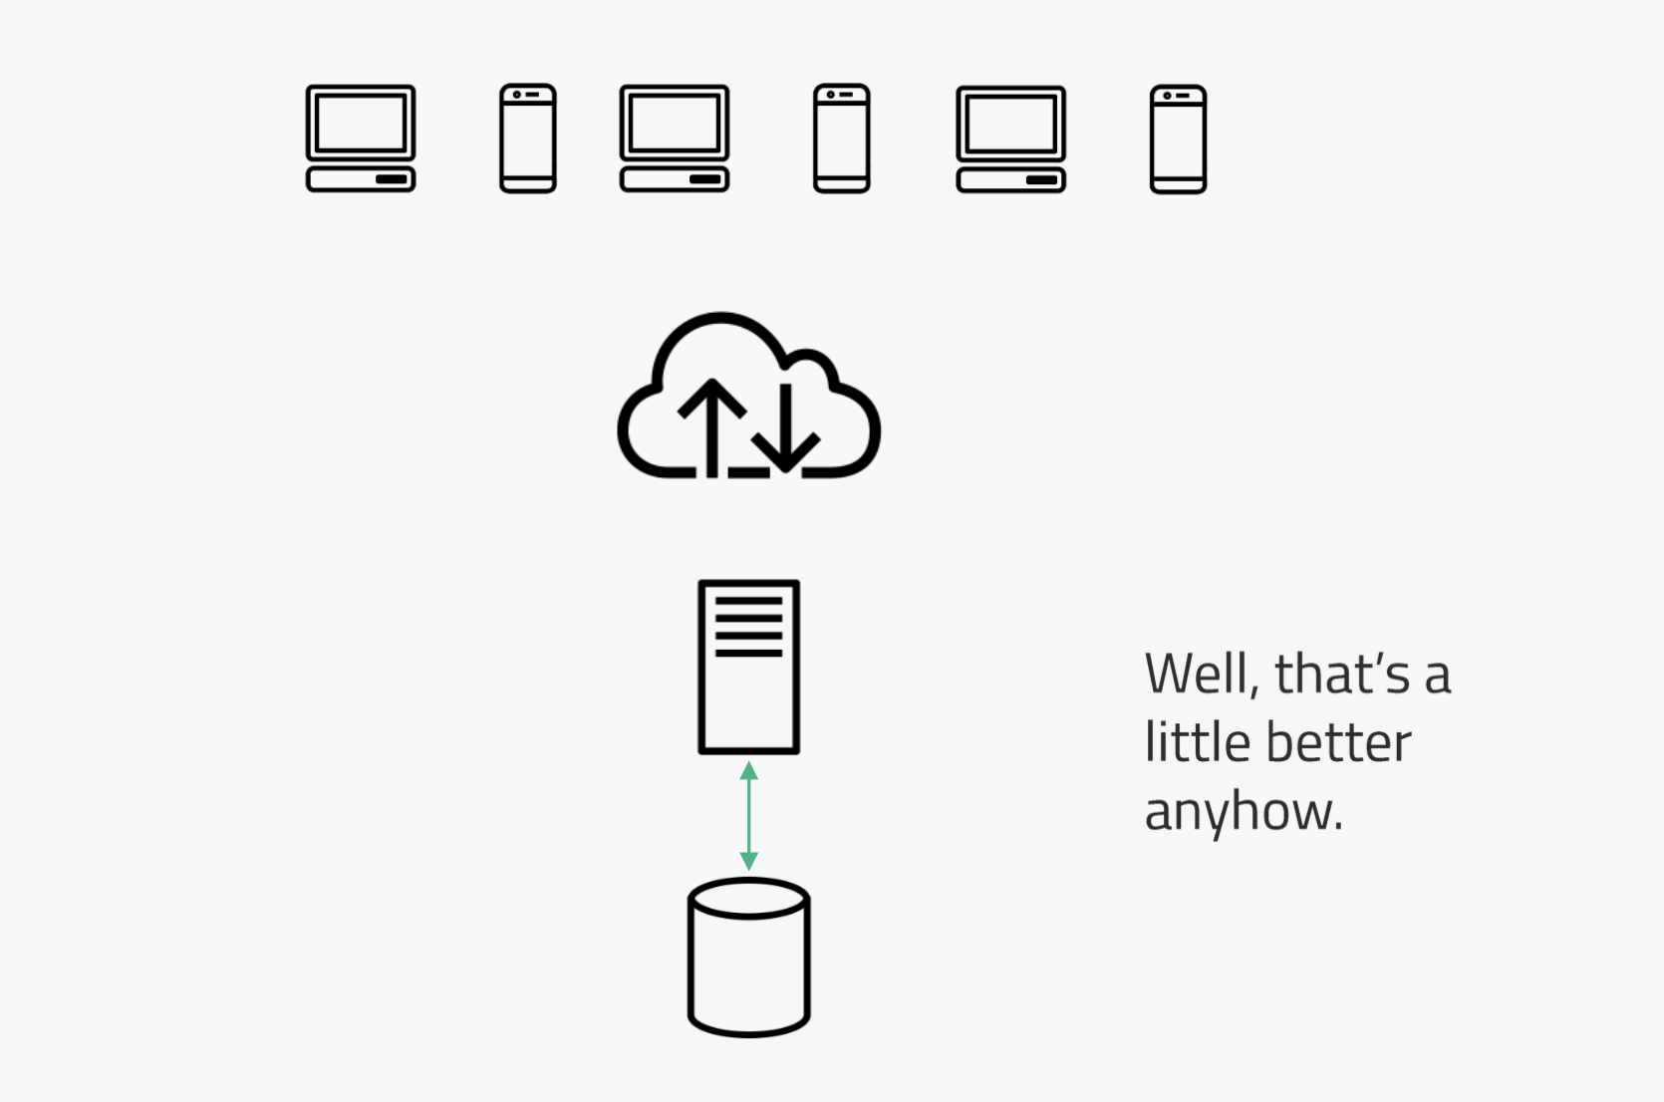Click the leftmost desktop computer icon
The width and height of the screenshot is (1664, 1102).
361,138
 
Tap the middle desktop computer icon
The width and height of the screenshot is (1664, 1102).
675,138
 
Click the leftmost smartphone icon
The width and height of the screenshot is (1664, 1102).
528,138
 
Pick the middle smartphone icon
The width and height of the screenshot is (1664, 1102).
842,138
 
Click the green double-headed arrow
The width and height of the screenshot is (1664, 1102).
749,816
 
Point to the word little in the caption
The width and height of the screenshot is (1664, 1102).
1196,743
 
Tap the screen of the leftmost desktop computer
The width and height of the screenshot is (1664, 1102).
361,123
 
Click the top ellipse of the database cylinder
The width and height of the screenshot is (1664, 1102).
749,898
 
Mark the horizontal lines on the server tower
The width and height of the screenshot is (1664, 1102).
749,627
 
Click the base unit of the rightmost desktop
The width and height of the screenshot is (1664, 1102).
1011,180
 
